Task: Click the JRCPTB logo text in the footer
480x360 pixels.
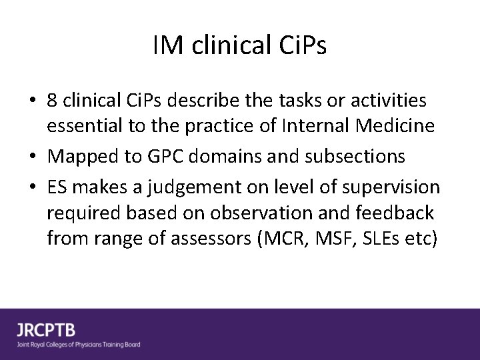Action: tap(47, 329)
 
